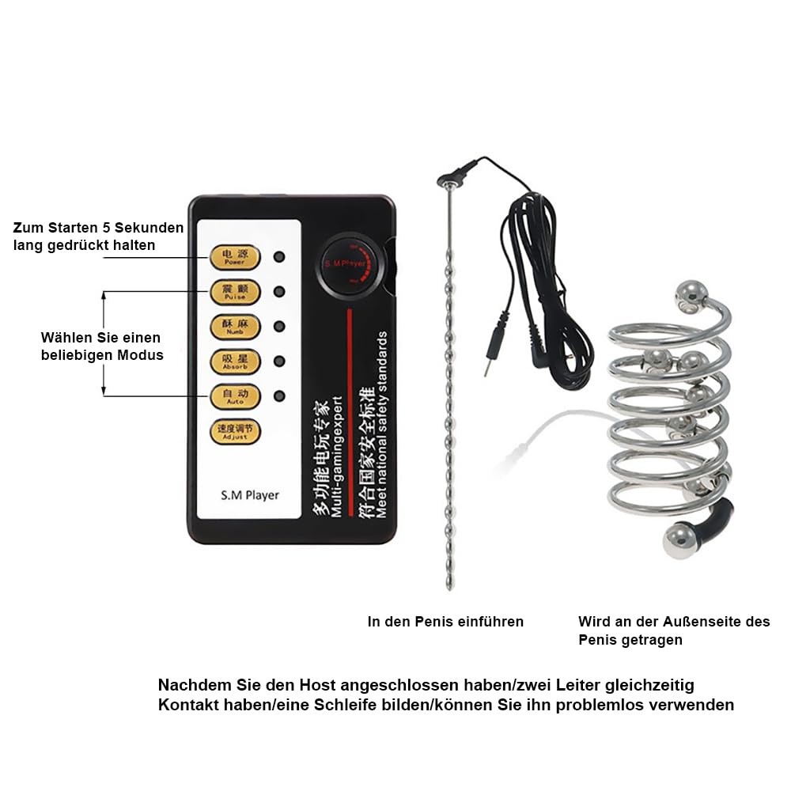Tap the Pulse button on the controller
pos(234,292)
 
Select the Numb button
pos(234,327)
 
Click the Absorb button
pos(234,362)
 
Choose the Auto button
pos(234,396)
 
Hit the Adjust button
pos(234,431)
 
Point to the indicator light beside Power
pos(279,257)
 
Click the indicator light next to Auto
pos(279,396)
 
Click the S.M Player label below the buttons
pos(249,495)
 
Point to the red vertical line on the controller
pos(349,407)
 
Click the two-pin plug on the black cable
pos(490,361)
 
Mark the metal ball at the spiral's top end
pos(690,294)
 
